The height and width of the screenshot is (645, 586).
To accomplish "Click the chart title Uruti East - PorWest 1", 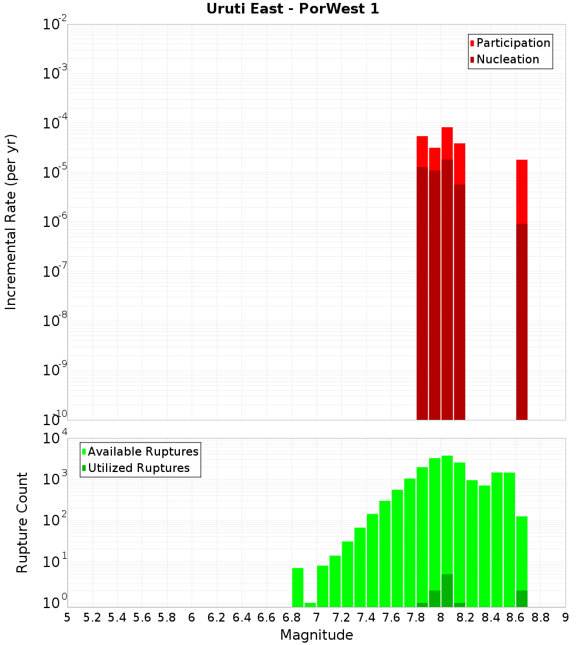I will tap(292, 9).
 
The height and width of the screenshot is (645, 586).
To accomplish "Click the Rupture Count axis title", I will tap(22, 522).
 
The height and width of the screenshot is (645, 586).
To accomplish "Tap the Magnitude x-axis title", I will tap(316, 635).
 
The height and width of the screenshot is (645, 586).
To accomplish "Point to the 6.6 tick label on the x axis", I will tap(267, 617).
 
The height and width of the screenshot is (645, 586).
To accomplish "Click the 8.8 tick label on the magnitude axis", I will tap(541, 617).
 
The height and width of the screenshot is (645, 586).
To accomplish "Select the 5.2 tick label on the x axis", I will tap(92, 617).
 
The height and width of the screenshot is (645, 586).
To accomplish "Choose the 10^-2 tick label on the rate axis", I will tap(55, 25).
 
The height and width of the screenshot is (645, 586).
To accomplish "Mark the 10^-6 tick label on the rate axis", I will tap(55, 222).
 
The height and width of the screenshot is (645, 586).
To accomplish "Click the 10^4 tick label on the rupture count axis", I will tap(56, 439).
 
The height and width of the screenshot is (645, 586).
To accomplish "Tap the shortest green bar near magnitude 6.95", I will tap(310, 605).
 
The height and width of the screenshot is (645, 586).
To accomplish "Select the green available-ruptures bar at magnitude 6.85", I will tap(298, 587).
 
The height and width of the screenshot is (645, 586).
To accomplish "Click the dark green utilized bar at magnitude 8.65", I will tap(522, 599).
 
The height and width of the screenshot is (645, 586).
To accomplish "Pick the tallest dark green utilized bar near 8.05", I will tap(447, 590).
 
